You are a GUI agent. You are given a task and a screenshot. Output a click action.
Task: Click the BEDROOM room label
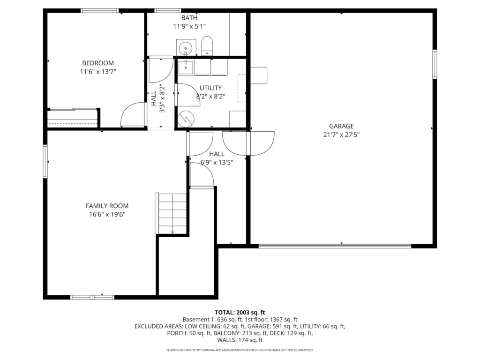tap(98, 63)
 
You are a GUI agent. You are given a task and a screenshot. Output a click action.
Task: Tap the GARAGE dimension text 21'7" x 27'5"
tap(341, 135)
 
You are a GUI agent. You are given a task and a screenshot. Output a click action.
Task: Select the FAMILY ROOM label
tap(107, 206)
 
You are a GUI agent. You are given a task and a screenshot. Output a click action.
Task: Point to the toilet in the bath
tap(207, 46)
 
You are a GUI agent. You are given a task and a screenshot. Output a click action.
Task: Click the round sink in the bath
tap(186, 48)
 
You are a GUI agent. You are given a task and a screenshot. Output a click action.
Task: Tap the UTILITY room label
tap(210, 88)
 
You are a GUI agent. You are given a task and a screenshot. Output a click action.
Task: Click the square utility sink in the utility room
tap(186, 67)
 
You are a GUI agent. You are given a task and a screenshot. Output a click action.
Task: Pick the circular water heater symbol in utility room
tap(186, 119)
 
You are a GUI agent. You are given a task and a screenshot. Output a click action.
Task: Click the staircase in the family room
tap(172, 213)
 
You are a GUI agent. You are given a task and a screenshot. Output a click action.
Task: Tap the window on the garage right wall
tap(435, 64)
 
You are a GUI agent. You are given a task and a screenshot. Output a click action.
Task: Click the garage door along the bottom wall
tap(335, 246)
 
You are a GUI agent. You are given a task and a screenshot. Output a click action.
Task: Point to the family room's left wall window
tap(45, 161)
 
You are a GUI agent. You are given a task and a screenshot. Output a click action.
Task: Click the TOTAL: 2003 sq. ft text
tap(240, 313)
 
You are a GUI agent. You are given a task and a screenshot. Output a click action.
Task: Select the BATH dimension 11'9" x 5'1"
tap(189, 26)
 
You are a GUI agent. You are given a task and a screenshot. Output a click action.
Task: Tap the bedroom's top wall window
tap(100, 11)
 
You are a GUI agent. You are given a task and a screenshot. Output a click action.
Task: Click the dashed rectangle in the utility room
tap(241, 88)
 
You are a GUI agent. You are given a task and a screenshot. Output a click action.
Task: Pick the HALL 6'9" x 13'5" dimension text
tap(217, 162)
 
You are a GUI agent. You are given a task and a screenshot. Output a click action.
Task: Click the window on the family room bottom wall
tap(92, 297)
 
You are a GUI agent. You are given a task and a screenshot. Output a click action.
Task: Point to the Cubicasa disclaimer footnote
tap(240, 350)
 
